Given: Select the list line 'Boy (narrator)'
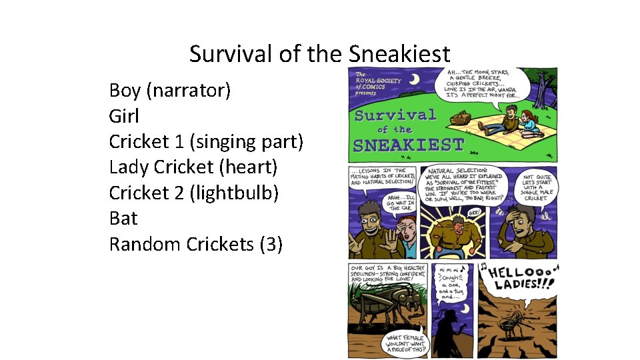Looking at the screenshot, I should [x=169, y=90].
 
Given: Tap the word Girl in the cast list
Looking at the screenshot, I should [x=124, y=116].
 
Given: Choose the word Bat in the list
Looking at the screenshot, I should [x=123, y=218].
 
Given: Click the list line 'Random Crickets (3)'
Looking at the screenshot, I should [x=195, y=244].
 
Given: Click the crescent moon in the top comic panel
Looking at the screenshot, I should [x=414, y=80].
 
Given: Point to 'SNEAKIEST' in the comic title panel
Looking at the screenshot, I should [x=408, y=144].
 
